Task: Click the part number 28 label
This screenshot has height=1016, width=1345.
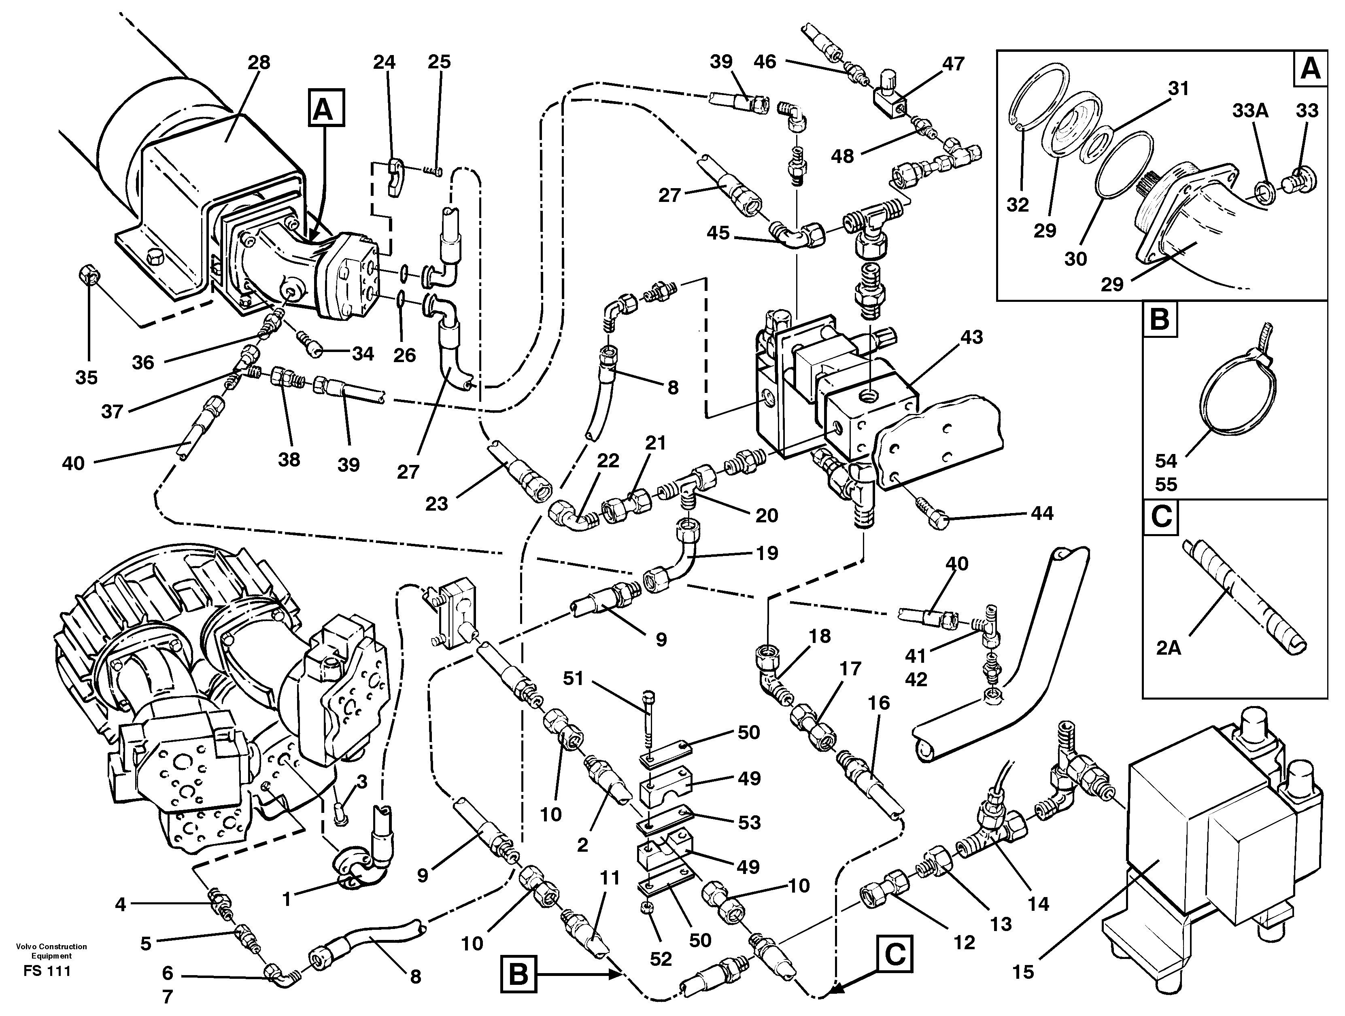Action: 258,63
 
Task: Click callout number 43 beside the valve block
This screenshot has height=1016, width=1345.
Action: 971,337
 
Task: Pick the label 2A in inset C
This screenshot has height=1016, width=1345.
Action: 1169,648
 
